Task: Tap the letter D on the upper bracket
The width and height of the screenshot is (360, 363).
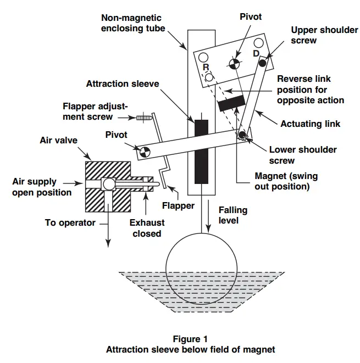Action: pos(256,53)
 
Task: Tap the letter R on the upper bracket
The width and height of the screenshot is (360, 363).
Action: pos(206,67)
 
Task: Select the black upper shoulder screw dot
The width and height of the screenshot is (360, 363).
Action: pos(262,63)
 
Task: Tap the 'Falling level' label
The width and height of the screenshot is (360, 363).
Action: pos(233,215)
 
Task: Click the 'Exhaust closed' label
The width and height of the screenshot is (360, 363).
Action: pos(146,228)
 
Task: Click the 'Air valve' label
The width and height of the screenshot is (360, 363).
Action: pos(59,141)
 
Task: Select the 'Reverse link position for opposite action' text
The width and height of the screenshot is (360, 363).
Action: pos(311,90)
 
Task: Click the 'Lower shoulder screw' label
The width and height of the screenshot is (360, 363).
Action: pos(303,155)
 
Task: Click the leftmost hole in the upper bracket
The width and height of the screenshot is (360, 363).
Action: pos(204,57)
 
